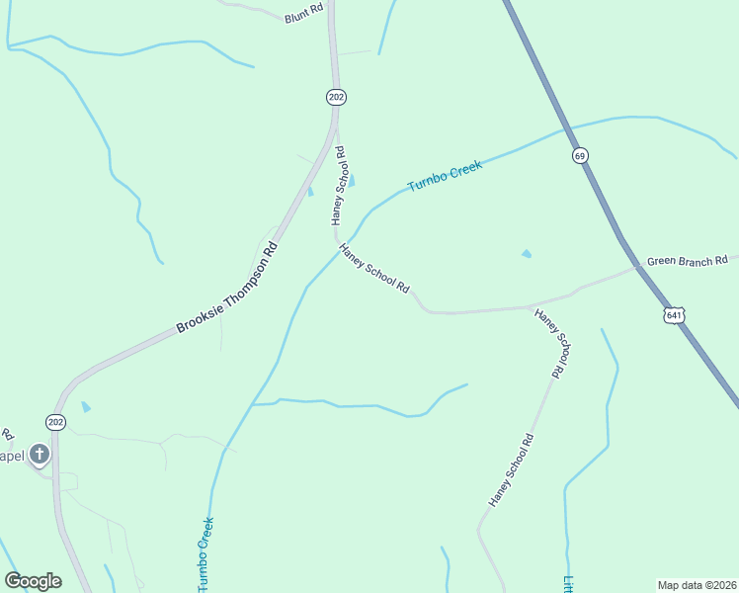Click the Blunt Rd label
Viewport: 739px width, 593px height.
click(303, 17)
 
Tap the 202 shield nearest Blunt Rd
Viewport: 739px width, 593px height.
click(336, 97)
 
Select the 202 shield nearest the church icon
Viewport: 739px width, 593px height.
click(56, 422)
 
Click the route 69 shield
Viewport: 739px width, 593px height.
click(580, 155)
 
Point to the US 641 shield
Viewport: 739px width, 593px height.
click(674, 315)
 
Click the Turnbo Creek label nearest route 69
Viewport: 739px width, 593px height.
click(445, 178)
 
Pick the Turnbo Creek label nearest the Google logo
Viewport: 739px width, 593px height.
click(205, 554)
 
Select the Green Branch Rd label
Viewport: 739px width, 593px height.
click(687, 262)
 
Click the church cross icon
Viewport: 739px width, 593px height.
click(39, 455)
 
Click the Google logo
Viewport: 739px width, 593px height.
click(33, 581)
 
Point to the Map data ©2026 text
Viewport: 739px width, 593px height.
click(698, 584)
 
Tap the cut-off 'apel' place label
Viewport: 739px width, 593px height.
click(11, 456)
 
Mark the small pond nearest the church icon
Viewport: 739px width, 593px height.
click(86, 406)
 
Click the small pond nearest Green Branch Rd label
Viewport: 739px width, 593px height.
click(526, 254)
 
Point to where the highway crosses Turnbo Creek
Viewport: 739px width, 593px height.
click(565, 128)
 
